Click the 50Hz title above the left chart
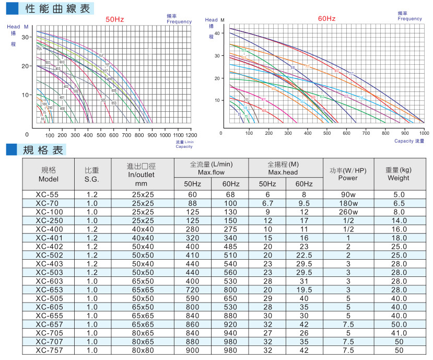pyautogui.click(x=115, y=19)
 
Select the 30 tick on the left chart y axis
pyautogui.click(x=26, y=37)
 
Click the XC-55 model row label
pyautogui.click(x=48, y=194)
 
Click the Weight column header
pyautogui.click(x=399, y=174)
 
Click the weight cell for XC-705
pyautogui.click(x=399, y=332)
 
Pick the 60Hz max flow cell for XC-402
pyautogui.click(x=230, y=246)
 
